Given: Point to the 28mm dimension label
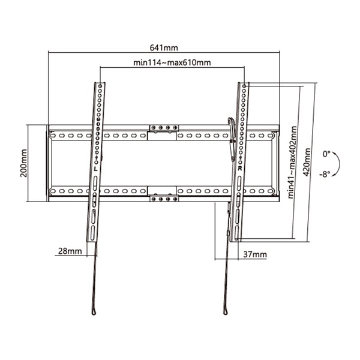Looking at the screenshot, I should (68, 251).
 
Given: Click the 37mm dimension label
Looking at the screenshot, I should (255, 254).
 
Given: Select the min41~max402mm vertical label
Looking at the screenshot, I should (292, 162).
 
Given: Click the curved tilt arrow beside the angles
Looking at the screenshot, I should (340, 164).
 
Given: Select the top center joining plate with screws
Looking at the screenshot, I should (164, 129).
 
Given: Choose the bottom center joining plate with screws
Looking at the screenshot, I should (164, 196).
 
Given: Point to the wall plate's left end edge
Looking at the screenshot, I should (49, 162).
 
